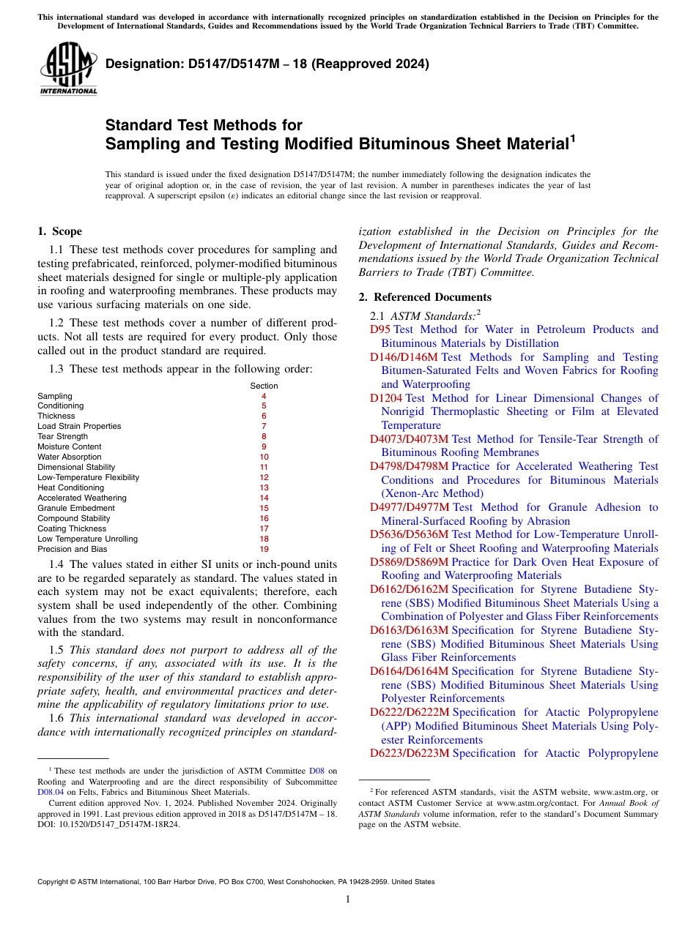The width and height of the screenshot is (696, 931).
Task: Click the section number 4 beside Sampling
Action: (264, 396)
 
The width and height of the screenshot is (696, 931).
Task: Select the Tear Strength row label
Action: (62, 436)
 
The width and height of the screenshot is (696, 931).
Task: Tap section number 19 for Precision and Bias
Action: (264, 549)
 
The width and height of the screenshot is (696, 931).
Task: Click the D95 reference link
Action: (380, 329)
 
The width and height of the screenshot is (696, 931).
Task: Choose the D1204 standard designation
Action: (386, 398)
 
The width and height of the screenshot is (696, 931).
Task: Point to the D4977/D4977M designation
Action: (410, 507)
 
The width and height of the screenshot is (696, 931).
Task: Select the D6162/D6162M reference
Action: (410, 589)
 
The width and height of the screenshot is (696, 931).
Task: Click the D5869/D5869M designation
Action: (410, 562)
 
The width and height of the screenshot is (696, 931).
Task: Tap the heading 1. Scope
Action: (59, 231)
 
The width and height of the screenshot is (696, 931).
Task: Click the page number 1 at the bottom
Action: (348, 899)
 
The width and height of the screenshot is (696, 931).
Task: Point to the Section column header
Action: (264, 386)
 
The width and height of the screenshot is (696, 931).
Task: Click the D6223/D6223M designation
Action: (410, 753)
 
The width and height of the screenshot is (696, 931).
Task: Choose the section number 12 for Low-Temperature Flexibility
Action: (264, 477)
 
